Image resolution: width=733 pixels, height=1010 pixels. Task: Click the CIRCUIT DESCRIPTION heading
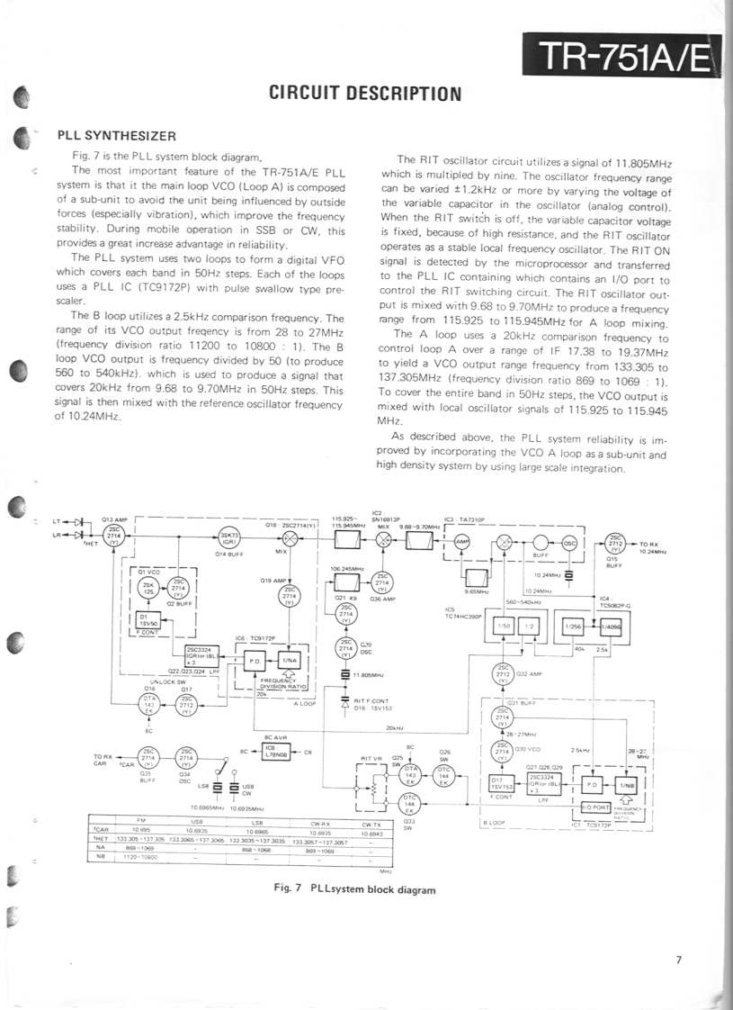click(x=366, y=94)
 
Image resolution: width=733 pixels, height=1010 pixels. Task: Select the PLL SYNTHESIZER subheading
click(x=116, y=136)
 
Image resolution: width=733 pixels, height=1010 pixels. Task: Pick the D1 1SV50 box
click(x=147, y=620)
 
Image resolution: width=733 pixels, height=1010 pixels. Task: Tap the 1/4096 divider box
click(x=612, y=626)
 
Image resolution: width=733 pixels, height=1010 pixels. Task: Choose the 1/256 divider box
click(x=572, y=626)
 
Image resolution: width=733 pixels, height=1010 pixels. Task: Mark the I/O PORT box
click(x=596, y=807)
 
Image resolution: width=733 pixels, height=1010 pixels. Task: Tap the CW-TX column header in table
click(x=371, y=823)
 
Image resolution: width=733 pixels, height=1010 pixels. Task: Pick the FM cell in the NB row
click(x=140, y=857)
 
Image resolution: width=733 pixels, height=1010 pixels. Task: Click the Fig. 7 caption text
click(x=354, y=888)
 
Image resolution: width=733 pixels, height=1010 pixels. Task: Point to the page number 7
click(x=679, y=960)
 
